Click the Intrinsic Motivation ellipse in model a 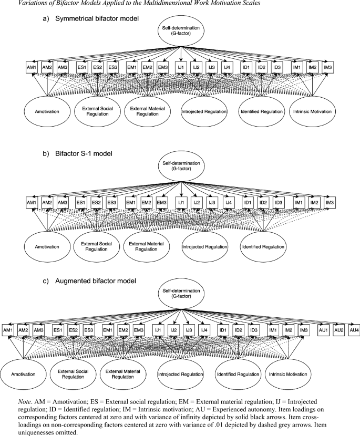click(312, 111)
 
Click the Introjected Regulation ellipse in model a click(204, 111)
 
